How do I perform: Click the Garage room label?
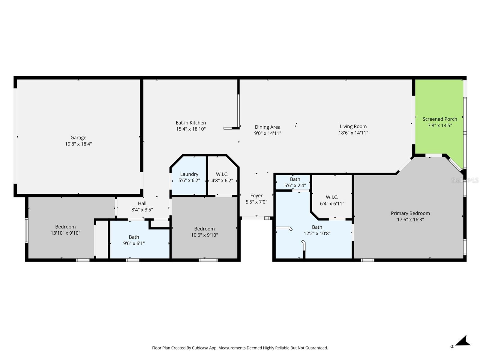click(78, 138)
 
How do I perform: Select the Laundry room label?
click(189, 174)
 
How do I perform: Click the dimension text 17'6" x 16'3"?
click(410, 220)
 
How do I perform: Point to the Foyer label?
click(256, 196)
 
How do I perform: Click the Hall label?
click(142, 203)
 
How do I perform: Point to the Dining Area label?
click(268, 127)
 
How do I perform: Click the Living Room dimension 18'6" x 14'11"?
click(353, 133)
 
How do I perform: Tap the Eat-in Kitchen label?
click(191, 123)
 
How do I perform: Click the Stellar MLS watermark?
click(465, 180)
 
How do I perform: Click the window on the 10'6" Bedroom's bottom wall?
click(208, 260)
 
